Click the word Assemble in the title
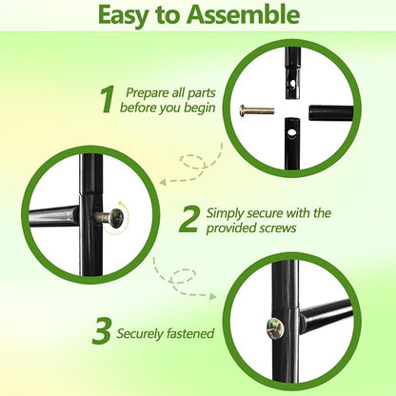point(243,14)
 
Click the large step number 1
point(107,100)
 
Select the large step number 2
point(189,219)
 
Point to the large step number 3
point(102,331)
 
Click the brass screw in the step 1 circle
point(256,110)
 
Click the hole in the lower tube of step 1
point(291,132)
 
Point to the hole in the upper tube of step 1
point(293,84)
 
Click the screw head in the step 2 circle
point(117,218)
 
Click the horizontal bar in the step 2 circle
point(54,216)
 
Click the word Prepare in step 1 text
point(148,93)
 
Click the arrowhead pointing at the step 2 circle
point(163,182)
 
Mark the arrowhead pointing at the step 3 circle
point(212,296)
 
